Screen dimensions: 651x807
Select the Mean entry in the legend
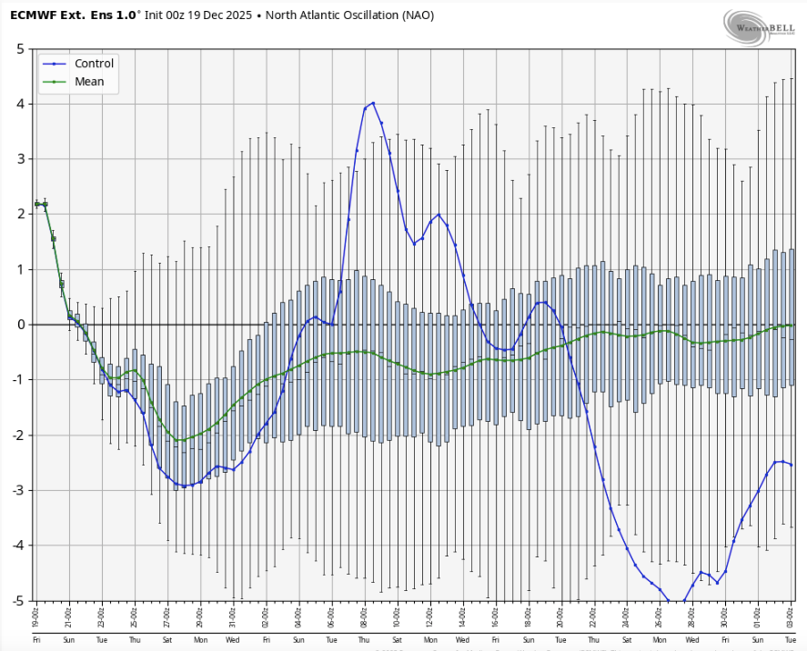pos(89,82)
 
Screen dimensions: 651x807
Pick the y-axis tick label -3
pos(17,490)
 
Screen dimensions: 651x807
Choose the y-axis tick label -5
pos(17,601)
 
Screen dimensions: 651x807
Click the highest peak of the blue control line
pos(373,103)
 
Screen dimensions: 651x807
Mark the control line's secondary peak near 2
pos(439,215)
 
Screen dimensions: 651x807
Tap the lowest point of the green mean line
pos(177,440)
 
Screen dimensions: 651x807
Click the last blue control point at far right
pos(791,465)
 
